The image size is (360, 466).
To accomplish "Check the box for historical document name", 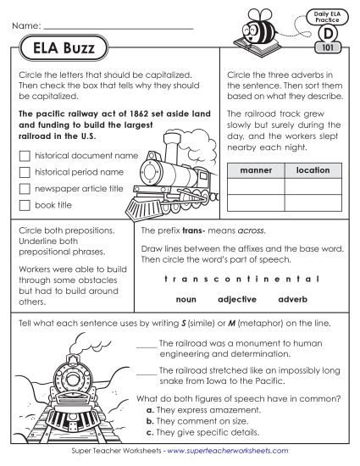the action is coord(24,157).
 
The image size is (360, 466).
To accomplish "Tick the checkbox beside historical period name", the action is coord(24,173).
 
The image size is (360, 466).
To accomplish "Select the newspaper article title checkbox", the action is coord(24,189).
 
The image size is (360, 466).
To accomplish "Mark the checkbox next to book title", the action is coord(24,206).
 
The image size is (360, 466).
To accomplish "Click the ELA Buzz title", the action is coord(60,49).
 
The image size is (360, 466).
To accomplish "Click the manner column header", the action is coord(256,170).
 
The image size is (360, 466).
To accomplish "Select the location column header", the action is coord(313,170).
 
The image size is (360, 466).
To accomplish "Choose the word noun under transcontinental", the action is coord(186,300).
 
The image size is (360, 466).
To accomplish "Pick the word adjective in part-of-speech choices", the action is coord(237,300).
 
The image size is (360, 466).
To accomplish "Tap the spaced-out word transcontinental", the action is coord(241,278).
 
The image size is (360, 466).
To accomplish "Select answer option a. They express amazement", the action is coord(202,409).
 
